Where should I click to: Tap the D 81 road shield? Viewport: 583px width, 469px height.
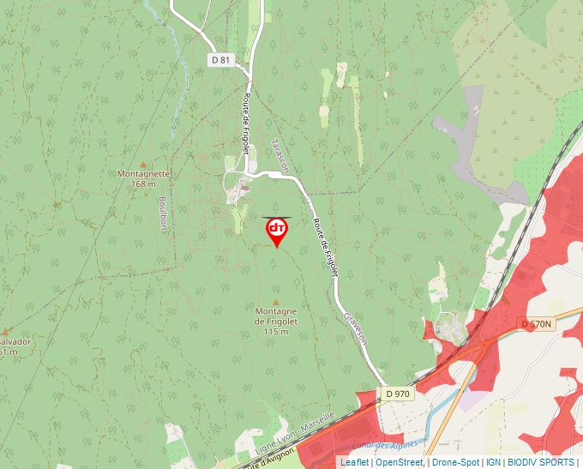(221, 59)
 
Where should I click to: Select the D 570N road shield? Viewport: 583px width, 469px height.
(538, 323)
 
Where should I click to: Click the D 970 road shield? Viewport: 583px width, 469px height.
(399, 394)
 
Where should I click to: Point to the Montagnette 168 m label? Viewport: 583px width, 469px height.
(143, 178)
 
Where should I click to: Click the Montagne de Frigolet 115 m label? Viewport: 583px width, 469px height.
(275, 321)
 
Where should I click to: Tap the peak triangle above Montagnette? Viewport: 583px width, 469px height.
(143, 164)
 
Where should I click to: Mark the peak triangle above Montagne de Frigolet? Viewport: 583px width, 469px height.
(275, 300)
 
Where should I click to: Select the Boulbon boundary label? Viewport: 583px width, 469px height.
(163, 214)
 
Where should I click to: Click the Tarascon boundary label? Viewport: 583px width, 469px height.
(278, 155)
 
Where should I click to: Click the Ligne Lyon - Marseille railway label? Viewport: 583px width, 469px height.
(291, 438)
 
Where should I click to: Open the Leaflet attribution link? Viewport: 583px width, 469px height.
(354, 462)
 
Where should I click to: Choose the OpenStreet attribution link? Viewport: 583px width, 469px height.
(400, 462)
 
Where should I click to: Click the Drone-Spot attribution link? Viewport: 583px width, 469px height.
(455, 462)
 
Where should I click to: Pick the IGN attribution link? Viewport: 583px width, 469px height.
(493, 462)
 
